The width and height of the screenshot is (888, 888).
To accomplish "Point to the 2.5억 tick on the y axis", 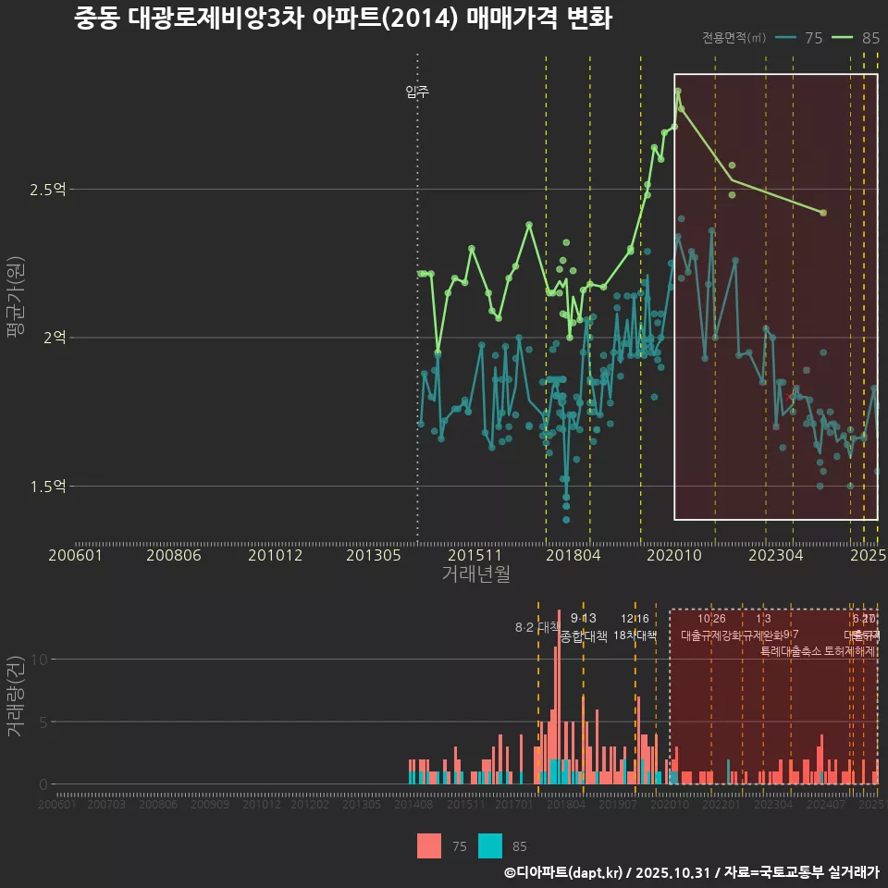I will (48, 190).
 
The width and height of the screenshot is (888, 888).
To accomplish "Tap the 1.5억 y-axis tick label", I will (48, 486).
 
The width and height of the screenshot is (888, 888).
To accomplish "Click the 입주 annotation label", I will (417, 92).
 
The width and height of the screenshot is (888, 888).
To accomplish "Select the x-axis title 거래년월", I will (475, 574).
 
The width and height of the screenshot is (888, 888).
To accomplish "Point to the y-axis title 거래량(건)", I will (15, 697).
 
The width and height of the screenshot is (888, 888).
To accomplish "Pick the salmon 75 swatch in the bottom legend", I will (429, 845).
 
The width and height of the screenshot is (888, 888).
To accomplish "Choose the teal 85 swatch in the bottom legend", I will (490, 845).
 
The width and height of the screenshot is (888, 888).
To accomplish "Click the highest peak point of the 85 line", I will (678, 91).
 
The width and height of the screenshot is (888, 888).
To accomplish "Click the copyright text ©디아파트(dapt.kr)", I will (564, 872).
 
